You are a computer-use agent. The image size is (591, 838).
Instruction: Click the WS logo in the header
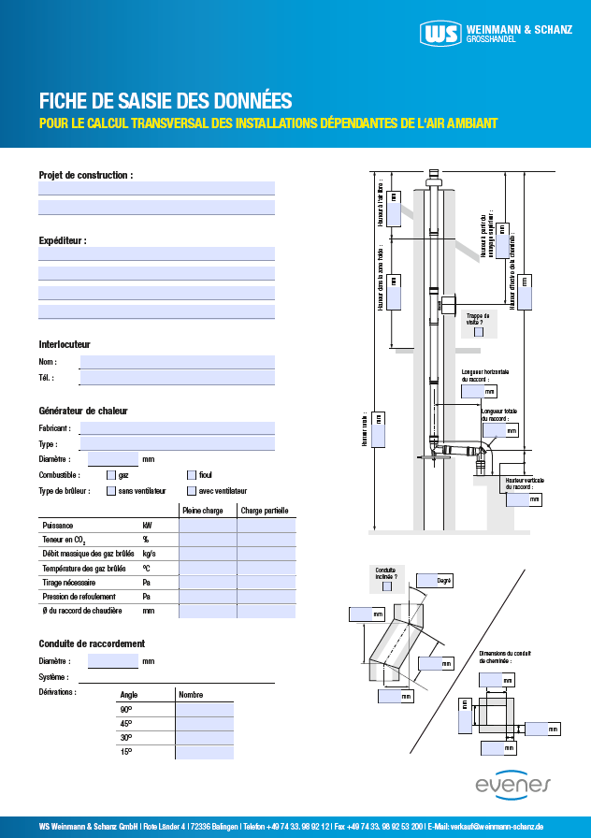point(440,35)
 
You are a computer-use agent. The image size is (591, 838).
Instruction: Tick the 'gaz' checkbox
point(110,475)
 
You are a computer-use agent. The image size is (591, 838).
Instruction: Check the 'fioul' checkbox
point(192,475)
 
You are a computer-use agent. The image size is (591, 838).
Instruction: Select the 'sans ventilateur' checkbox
point(110,490)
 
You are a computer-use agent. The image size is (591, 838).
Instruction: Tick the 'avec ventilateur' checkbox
point(192,490)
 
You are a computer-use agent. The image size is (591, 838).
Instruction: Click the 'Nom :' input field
point(178,362)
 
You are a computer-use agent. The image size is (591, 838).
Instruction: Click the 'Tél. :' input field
point(178,378)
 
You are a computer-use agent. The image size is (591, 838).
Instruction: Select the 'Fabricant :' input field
point(178,427)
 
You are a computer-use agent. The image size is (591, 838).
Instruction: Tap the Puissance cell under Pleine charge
point(208,526)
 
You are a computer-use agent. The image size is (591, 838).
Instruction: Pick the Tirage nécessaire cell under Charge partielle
point(267,582)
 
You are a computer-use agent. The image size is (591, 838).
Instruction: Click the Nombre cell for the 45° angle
point(204,723)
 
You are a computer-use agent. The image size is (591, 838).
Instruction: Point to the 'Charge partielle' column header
point(265,511)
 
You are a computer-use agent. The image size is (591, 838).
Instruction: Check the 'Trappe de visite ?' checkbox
point(479,331)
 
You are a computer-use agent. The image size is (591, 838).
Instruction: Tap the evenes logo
point(513,786)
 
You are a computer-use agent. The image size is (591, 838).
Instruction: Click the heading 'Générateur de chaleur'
point(83,411)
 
